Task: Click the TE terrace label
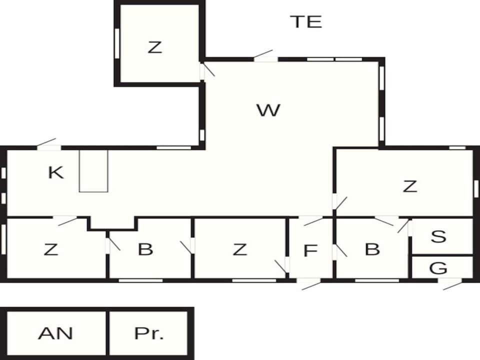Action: point(306,21)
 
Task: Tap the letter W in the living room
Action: point(268,110)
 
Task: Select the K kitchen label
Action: point(56,172)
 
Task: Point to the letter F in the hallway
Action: point(310,250)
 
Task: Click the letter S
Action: point(438,236)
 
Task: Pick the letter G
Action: point(438,268)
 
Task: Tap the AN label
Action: point(55,333)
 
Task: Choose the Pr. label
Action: point(149,333)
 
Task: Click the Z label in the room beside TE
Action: point(154,47)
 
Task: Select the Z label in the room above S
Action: point(410,186)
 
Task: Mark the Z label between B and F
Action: point(239,249)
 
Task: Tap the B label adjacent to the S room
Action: point(372,249)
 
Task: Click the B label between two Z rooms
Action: point(145,249)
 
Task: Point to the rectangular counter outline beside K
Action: point(93,171)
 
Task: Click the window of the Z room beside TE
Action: point(117,43)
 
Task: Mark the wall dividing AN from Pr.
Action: point(107,333)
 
